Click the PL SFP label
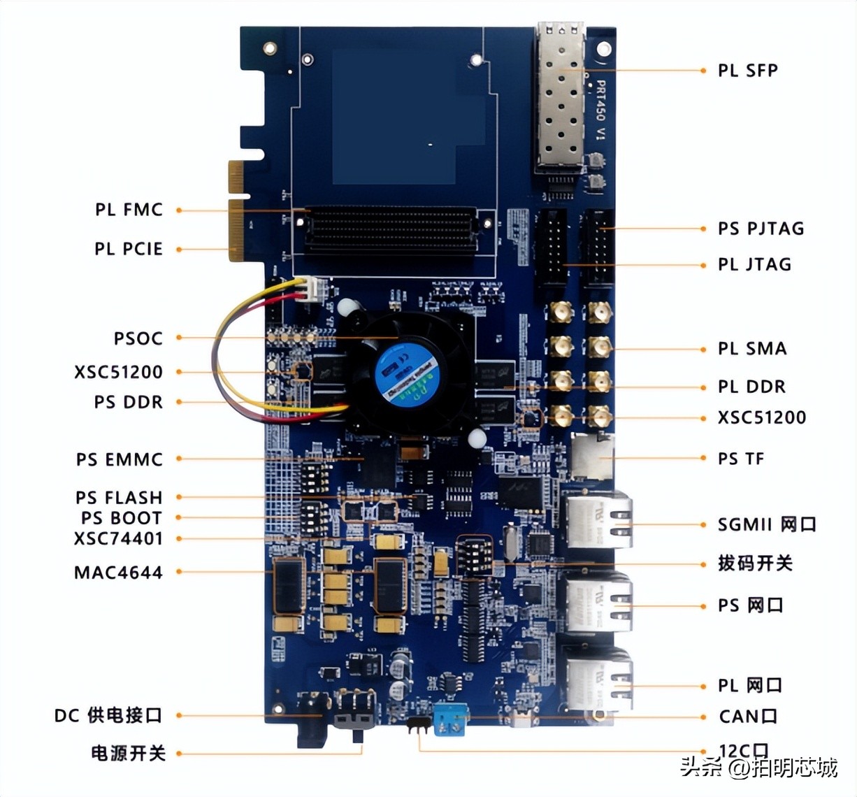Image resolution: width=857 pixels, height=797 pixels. click(747, 70)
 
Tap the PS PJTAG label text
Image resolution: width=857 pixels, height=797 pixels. click(761, 229)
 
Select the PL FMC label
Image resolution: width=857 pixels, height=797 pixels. click(129, 209)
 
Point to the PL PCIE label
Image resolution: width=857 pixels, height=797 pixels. click(129, 249)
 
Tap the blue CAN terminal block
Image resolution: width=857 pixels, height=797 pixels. click(449, 719)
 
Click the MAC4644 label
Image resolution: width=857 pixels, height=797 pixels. click(118, 573)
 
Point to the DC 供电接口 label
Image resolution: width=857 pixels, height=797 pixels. click(108, 715)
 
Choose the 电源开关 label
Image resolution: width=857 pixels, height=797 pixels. click(128, 753)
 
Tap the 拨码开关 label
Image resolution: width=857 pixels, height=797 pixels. click(755, 563)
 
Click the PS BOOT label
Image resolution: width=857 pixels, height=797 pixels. click(122, 518)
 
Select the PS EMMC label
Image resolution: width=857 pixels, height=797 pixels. click(120, 459)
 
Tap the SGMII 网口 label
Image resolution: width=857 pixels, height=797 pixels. click(767, 524)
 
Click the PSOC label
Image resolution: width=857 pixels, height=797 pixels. click(138, 338)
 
